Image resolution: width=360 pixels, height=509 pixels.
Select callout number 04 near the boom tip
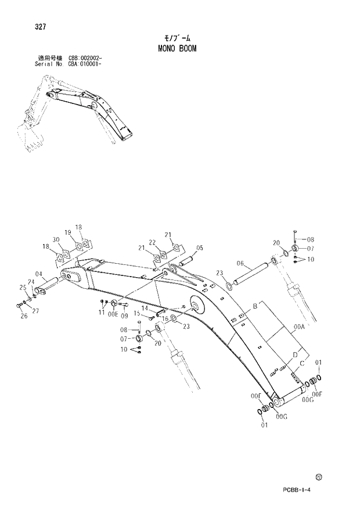pos(39,274)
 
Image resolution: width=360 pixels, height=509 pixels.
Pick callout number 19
pos(68,232)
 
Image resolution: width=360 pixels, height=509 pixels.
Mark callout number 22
pos(152,242)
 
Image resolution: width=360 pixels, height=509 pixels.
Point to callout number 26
pos(23,316)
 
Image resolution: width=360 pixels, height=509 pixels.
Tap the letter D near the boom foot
pos(295,354)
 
